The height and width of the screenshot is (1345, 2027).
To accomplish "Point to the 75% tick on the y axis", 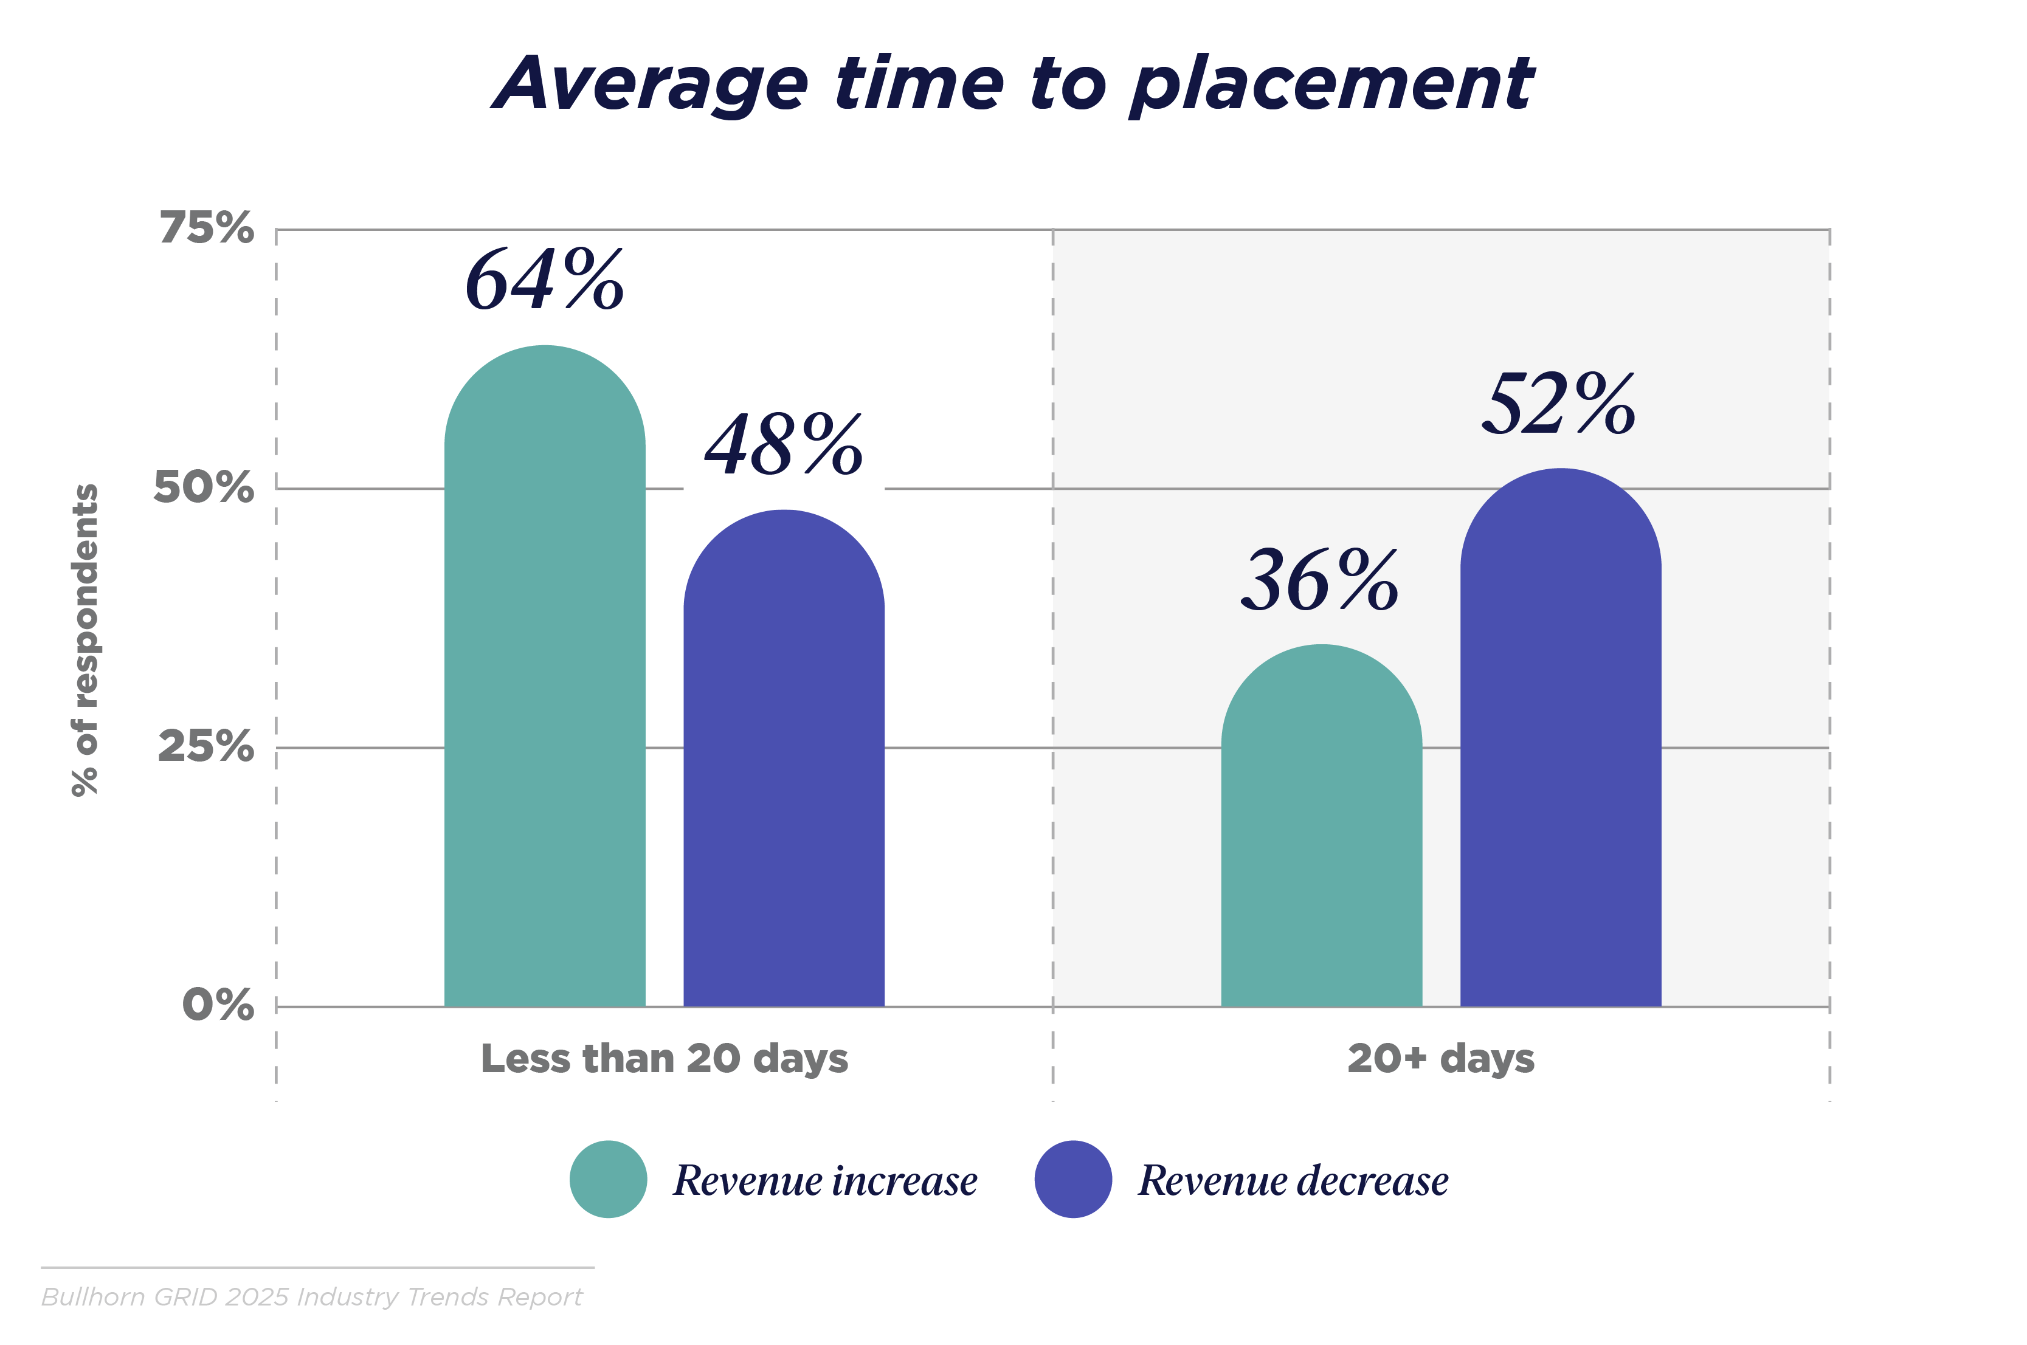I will pyautogui.click(x=207, y=228).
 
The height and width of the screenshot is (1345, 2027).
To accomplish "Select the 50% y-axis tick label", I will pyautogui.click(x=204, y=487).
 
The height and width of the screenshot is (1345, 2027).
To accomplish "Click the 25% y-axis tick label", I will pyautogui.click(x=206, y=746).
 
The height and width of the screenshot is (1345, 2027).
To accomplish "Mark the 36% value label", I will pyautogui.click(x=1319, y=582).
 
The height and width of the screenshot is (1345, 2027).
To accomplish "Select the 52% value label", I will pyautogui.click(x=1559, y=404).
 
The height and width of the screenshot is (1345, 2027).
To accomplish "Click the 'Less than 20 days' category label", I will pyautogui.click(x=664, y=1059).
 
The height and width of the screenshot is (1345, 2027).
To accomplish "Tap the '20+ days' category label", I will pyautogui.click(x=1441, y=1059).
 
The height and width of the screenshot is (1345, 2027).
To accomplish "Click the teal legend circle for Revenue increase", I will pyautogui.click(x=608, y=1180).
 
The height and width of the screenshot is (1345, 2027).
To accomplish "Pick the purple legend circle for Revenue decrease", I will pyautogui.click(x=1073, y=1180).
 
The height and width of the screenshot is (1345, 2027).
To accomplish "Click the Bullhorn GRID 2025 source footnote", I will pyautogui.click(x=313, y=1297).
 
